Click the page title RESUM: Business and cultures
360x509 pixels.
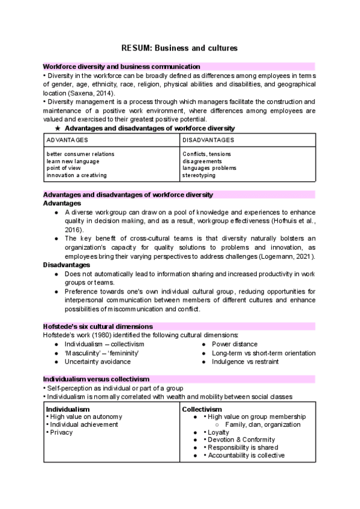click(x=179, y=48)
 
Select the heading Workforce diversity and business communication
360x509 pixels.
click(x=121, y=67)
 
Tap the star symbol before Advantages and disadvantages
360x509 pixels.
click(x=58, y=128)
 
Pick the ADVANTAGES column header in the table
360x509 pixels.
click(x=67, y=140)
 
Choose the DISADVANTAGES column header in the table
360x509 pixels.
click(x=208, y=140)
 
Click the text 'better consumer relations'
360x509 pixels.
click(x=80, y=154)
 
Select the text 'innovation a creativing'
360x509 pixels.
click(x=76, y=175)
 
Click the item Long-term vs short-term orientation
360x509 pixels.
click(x=263, y=353)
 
